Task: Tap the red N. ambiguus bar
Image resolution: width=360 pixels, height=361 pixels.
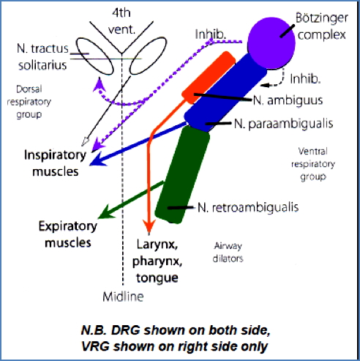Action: (209, 86)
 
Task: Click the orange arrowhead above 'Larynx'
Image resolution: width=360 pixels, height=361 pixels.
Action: (149, 224)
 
